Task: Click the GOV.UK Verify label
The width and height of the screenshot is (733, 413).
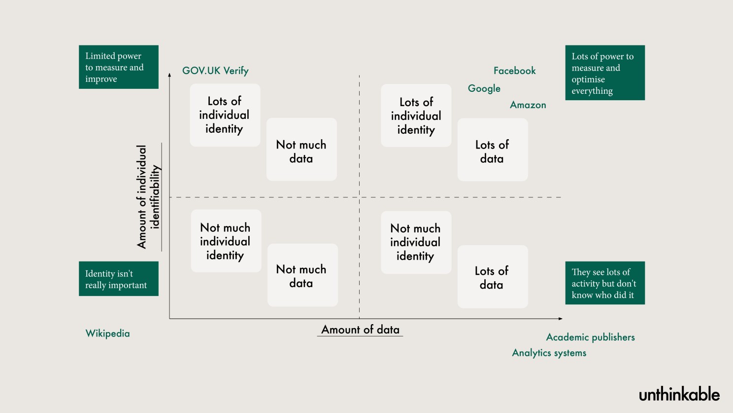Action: [215, 71]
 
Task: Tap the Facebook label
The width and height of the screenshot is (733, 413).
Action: [514, 71]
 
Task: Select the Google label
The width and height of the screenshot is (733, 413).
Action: [484, 88]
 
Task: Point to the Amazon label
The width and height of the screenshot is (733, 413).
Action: [528, 105]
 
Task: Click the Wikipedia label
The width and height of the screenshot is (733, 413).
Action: [107, 334]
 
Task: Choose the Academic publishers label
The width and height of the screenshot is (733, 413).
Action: [590, 338]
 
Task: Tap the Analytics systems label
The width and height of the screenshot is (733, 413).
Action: [549, 353]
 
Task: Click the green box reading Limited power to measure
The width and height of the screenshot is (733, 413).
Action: [119, 67]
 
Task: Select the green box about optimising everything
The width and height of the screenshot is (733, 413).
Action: [605, 73]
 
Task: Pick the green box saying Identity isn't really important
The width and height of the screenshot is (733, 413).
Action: [119, 279]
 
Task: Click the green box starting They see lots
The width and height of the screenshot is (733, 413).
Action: [605, 283]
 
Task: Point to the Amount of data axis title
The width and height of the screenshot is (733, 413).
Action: [360, 330]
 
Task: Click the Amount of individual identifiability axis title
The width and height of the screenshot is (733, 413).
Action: [148, 196]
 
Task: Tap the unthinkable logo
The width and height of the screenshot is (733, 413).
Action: [679, 394]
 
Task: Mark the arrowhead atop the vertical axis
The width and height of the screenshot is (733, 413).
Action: [169, 75]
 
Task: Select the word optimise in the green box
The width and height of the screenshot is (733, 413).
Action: [588, 79]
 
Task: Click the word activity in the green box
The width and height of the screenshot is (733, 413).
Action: [586, 284]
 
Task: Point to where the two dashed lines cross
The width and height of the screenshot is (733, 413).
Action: [359, 197]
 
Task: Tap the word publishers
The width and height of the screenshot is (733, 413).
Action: [613, 338]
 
